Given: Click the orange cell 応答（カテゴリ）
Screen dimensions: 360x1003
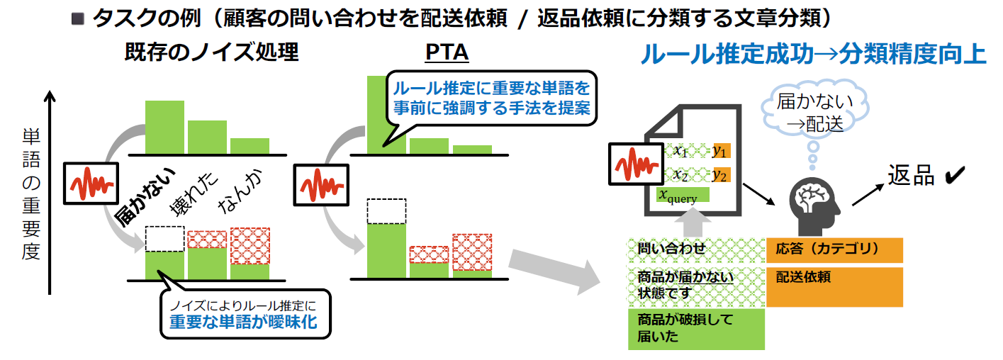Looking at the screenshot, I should (834, 249).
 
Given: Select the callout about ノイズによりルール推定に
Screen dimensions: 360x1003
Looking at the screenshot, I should (245, 314).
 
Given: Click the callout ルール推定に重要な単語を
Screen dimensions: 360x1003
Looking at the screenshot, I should (491, 99).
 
